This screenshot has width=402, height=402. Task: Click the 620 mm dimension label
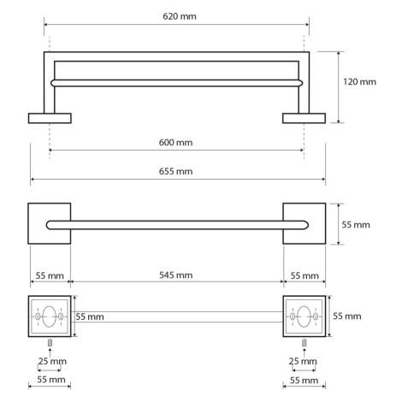tap(180, 16)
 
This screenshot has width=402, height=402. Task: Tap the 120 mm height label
tap(359, 82)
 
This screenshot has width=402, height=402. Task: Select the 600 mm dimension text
tap(175, 142)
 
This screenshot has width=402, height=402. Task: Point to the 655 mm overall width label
tap(175, 171)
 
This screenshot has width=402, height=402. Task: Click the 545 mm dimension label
tap(175, 275)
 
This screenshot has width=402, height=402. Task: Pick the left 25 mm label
tap(52, 361)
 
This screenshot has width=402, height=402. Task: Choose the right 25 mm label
tap(303, 361)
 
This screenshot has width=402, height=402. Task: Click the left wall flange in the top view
tap(50, 118)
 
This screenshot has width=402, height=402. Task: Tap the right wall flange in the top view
tap(304, 118)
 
